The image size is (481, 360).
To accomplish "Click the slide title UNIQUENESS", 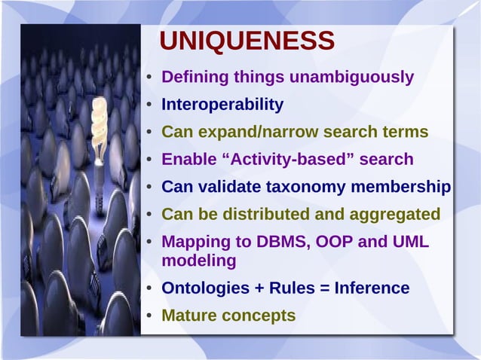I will click(247, 42).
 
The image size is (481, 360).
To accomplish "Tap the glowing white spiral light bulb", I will click(100, 129).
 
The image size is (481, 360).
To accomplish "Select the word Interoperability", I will click(222, 105).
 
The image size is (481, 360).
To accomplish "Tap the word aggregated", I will click(396, 215).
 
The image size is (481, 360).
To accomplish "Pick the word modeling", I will click(199, 261).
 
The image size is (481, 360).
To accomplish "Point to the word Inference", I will click(372, 288).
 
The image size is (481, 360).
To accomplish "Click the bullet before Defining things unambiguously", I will click(150, 78).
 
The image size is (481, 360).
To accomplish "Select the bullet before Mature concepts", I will click(150, 316).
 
